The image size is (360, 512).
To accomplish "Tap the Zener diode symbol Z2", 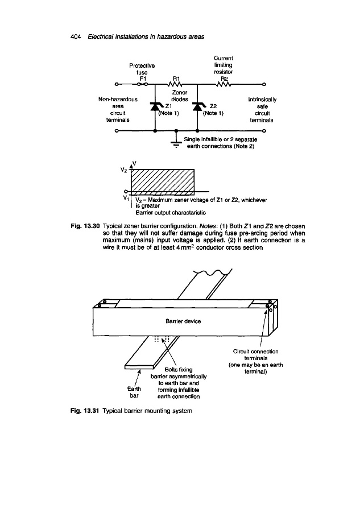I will [197, 106].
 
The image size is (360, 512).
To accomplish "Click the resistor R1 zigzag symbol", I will [176, 86].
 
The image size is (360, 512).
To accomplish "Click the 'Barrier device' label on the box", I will [181, 321].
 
